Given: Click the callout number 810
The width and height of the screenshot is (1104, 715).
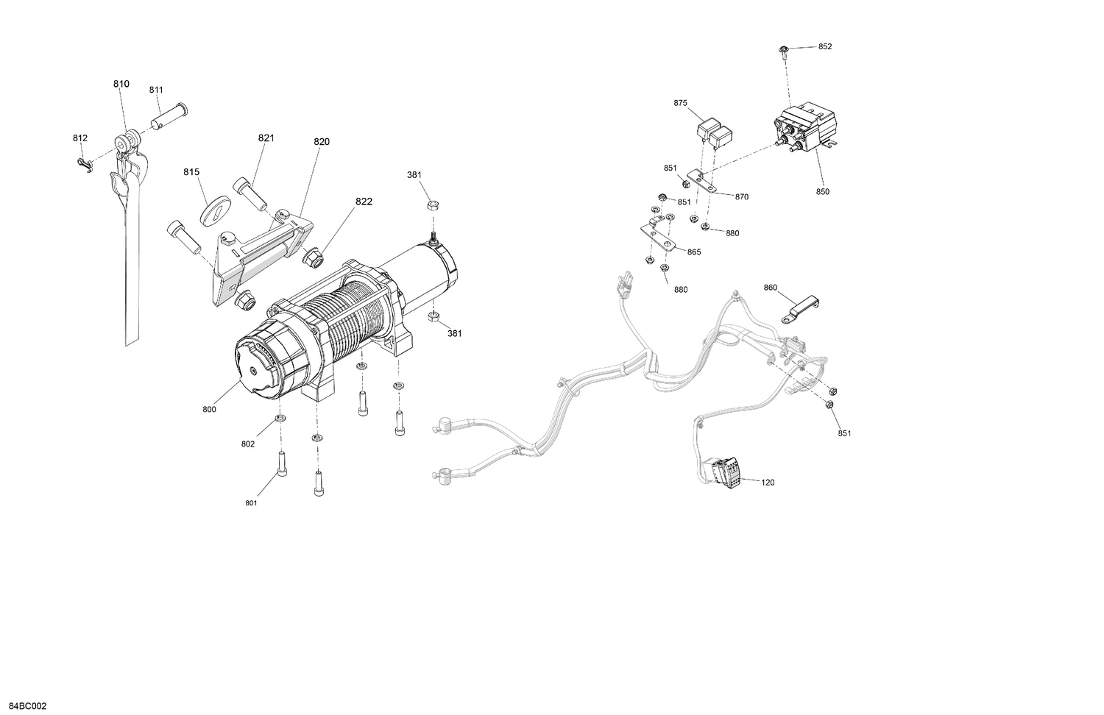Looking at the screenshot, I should [x=121, y=84].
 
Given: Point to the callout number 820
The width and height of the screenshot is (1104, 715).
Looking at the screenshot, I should [x=322, y=141].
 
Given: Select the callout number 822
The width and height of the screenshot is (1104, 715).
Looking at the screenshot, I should [x=364, y=202].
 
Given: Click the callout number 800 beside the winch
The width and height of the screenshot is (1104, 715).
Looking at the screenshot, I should [x=209, y=410].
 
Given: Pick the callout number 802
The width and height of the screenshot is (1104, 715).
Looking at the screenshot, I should [x=248, y=444].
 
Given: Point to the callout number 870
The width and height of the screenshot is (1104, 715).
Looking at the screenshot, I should [x=741, y=196].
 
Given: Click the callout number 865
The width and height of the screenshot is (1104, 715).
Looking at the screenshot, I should [x=694, y=252].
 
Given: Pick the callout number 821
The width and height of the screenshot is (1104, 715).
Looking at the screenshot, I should [x=266, y=138].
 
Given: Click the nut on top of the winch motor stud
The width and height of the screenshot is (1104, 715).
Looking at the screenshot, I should [x=434, y=204].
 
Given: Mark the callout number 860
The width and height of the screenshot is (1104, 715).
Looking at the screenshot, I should [x=770, y=287].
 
